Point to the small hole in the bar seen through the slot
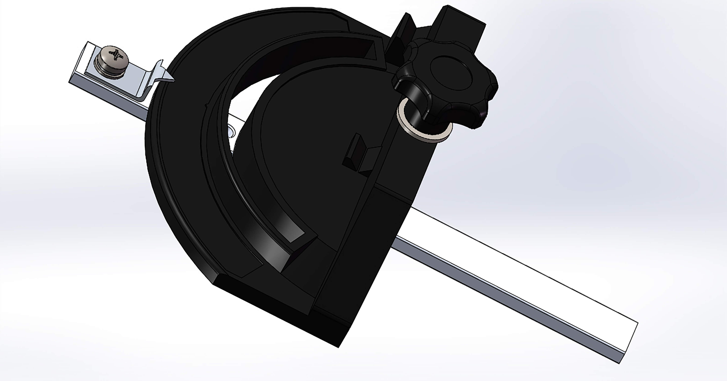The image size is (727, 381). coord(231,131)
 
